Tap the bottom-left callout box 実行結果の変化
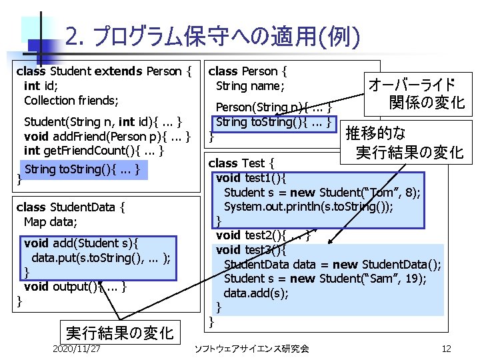(x=119, y=332)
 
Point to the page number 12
(x=446, y=349)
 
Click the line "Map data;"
(x=50, y=222)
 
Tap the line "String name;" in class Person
(x=250, y=86)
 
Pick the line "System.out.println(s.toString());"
(x=308, y=206)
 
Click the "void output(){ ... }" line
(x=74, y=287)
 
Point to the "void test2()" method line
(x=263, y=235)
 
